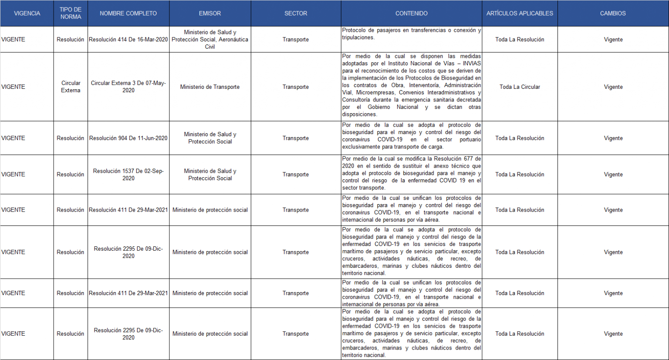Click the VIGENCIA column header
click(27, 13)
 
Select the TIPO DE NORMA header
click(71, 13)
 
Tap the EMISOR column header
click(210, 13)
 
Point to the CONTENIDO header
click(411, 13)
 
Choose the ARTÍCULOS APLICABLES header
click(520, 13)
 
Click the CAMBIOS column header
click(613, 13)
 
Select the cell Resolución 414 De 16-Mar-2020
click(128, 40)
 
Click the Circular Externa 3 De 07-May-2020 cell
click(128, 87)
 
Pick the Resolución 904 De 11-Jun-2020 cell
click(128, 138)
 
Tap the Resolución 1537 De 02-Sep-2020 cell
click(128, 175)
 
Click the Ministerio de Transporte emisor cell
click(210, 87)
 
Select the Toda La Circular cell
click(520, 87)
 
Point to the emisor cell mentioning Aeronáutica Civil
click(210, 40)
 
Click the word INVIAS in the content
click(472, 64)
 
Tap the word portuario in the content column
click(470, 140)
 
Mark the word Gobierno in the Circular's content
click(378, 107)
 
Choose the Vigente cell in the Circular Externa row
click(613, 87)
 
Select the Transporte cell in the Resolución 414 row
click(295, 40)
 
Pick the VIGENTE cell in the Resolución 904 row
click(14, 138)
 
